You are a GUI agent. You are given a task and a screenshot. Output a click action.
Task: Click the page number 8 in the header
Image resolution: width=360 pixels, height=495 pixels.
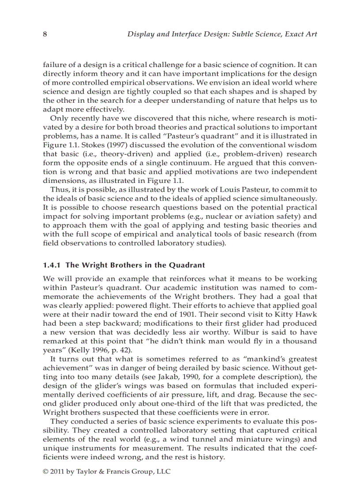point(45,34)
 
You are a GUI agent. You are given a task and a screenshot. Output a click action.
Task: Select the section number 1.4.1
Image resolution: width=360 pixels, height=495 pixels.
point(52,265)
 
